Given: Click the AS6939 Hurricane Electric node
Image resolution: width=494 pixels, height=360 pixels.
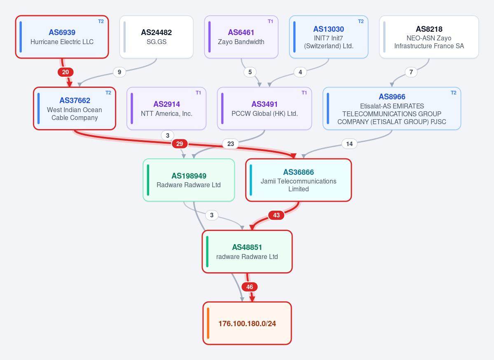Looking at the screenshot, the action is point(62,37).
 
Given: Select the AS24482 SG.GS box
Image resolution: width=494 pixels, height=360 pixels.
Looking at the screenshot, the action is point(156,37).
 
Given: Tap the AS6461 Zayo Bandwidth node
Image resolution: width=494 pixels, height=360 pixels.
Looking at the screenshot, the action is point(241,37).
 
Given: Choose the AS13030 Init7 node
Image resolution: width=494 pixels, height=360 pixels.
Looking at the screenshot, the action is point(329,37).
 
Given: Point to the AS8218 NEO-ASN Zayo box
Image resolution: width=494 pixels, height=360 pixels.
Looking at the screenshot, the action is point(429,37).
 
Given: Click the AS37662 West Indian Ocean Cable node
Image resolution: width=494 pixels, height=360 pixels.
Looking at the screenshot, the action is point(75,108).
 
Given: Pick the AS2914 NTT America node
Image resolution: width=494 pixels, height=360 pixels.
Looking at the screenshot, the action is point(166,108).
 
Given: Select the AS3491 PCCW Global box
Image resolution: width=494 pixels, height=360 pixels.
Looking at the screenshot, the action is point(265,108).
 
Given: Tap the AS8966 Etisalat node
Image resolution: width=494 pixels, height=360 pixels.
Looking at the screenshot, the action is point(392,108).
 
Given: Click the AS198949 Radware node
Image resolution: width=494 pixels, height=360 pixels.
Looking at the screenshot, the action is point(189,180).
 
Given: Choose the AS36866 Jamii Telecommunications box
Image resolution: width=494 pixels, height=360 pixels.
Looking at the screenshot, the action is point(298,180).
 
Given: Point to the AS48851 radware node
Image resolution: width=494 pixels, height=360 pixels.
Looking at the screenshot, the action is point(247,252).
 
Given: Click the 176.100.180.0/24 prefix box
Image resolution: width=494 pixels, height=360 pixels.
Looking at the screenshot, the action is point(247,323).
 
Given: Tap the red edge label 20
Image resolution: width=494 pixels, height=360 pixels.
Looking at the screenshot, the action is point(66,72).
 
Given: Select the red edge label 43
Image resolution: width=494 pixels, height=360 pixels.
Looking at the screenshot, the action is point(276,215).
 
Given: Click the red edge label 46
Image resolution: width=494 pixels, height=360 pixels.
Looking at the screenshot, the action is point(250,287).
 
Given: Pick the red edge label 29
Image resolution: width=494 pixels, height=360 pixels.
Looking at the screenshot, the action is point(180,144).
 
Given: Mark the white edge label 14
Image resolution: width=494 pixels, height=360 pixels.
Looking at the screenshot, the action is point(349,144).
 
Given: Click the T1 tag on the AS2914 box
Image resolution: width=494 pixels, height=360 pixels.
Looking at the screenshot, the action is point(198,93).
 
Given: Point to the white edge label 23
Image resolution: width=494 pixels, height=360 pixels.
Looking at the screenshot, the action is point(231,144).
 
